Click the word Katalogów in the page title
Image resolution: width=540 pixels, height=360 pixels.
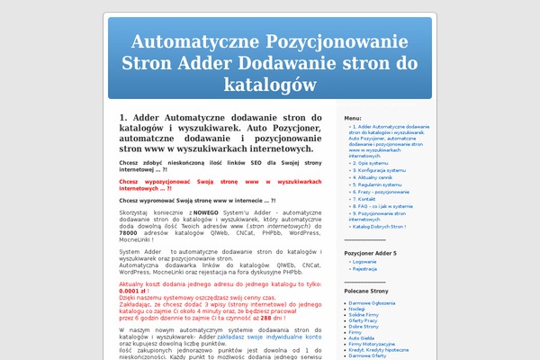269,84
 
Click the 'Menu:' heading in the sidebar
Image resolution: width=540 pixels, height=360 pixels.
352,118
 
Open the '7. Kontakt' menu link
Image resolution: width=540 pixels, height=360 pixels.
363,199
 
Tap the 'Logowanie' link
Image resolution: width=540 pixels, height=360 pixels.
364,262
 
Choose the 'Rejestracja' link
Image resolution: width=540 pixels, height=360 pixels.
364,269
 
